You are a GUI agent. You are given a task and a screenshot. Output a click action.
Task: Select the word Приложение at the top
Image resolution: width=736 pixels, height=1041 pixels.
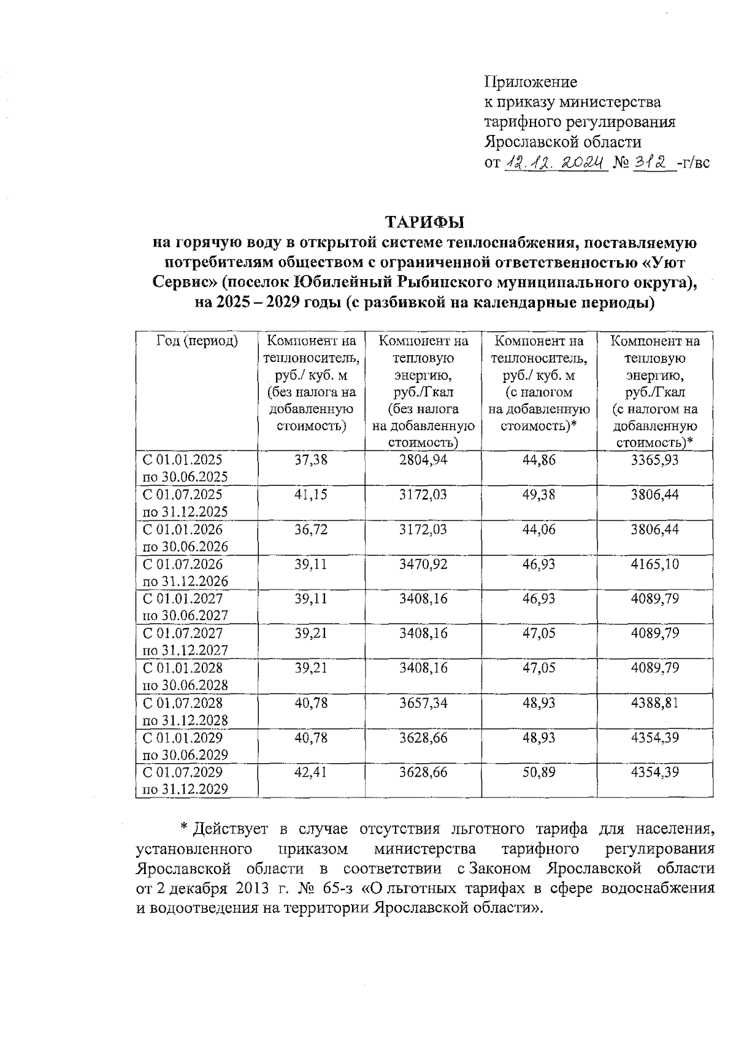point(531,82)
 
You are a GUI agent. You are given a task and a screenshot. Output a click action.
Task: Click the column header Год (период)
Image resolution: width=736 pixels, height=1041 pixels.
point(197,340)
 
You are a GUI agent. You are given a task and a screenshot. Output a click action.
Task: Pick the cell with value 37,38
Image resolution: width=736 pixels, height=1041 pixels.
point(311,459)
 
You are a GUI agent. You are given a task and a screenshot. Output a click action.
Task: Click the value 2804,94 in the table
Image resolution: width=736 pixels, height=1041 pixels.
point(423,459)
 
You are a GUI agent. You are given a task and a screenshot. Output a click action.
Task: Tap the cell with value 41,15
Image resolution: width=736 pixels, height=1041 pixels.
point(311,494)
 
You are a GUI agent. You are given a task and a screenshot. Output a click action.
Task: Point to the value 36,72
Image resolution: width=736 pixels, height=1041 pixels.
point(311,529)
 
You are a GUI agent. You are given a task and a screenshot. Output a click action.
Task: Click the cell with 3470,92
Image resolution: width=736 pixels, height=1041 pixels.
point(423,564)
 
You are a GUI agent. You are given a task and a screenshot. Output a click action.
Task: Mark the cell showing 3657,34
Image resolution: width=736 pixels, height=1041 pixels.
point(423,702)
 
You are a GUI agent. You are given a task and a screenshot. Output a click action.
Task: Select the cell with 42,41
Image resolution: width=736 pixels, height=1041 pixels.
point(311,772)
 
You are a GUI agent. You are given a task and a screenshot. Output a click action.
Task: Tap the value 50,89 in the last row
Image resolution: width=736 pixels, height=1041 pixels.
point(539,772)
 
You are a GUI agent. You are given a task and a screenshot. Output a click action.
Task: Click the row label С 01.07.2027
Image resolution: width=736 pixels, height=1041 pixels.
point(182,633)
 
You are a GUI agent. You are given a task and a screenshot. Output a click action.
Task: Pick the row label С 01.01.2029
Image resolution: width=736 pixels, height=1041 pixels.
point(182,737)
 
